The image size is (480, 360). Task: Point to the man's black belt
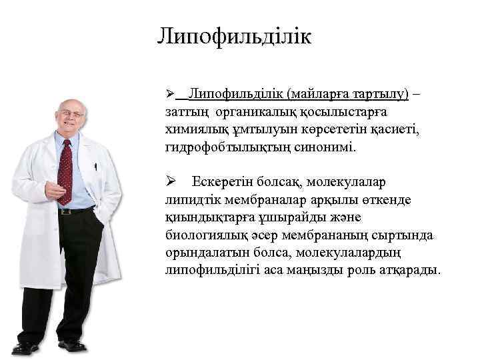[75, 211]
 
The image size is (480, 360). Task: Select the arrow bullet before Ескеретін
[170, 182]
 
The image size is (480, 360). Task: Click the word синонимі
[325, 146]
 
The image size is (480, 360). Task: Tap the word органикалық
[243, 110]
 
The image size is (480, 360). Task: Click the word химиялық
[192, 128]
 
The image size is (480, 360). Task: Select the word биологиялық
[206, 236]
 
